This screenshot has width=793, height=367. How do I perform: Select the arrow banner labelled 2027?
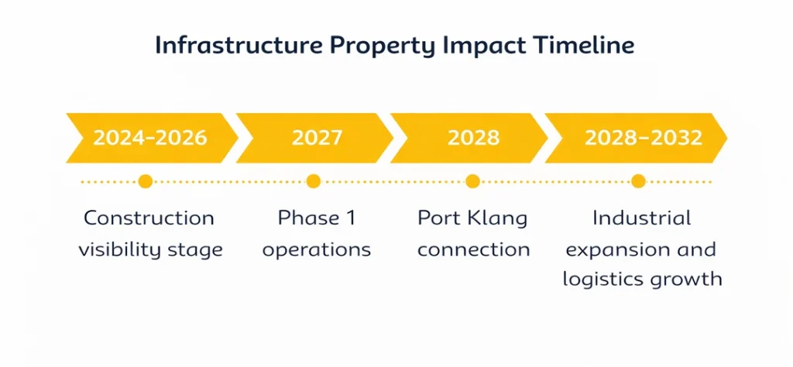pos(316,138)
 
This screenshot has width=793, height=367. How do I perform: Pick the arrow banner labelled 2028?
pos(473,138)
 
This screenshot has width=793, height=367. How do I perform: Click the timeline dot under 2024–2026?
pos(145,182)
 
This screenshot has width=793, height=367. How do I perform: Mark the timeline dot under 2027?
pos(314,182)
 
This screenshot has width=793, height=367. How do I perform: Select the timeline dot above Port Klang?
pos(473,182)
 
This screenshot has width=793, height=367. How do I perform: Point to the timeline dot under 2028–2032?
pos(638,182)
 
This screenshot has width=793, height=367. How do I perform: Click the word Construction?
pos(149,218)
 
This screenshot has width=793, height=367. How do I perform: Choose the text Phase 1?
pos(317,218)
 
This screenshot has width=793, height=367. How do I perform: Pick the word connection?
pos(474,249)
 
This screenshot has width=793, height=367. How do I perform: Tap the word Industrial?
pos(641,218)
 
